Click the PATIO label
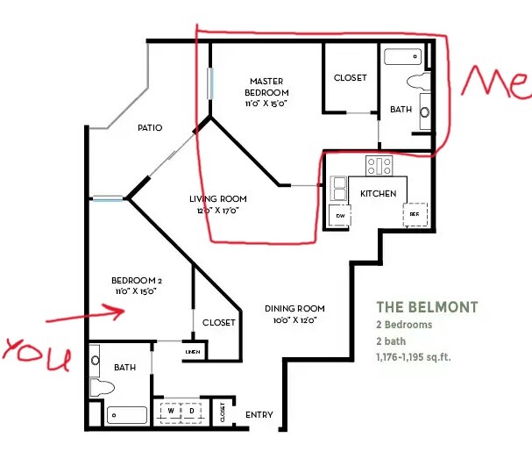click(x=150, y=128)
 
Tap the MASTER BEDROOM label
click(x=266, y=87)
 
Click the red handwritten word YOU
click(x=37, y=354)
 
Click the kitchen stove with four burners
click(x=379, y=166)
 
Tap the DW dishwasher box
click(x=340, y=215)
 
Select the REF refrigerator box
click(x=415, y=214)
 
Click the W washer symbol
click(x=171, y=411)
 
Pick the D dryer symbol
click(x=192, y=411)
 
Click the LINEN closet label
click(x=193, y=352)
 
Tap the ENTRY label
click(x=259, y=415)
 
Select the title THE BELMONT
click(x=427, y=307)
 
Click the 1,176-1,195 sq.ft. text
click(x=414, y=357)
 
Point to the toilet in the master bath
click(x=419, y=82)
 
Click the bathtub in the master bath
click(x=403, y=57)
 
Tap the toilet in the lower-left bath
click(x=102, y=388)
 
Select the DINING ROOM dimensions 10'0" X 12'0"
click(x=294, y=320)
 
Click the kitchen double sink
click(x=338, y=189)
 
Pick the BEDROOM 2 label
click(x=137, y=281)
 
